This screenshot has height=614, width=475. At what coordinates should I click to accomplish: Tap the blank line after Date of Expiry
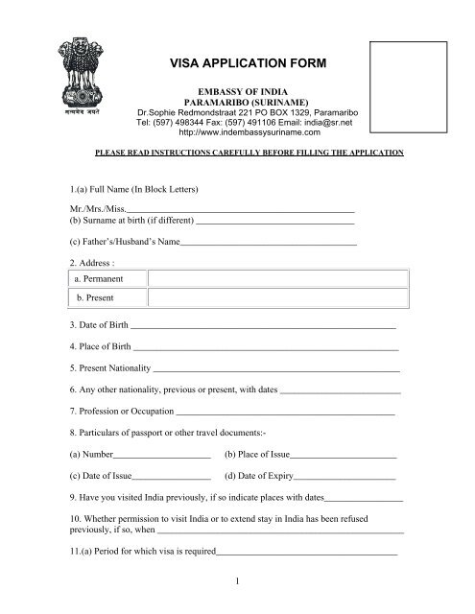(346, 476)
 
